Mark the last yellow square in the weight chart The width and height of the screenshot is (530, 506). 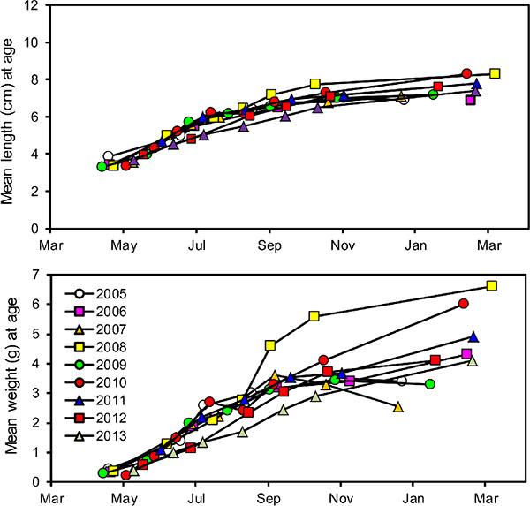pyautogui.click(x=492, y=285)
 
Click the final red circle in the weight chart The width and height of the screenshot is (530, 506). pyautogui.click(x=464, y=304)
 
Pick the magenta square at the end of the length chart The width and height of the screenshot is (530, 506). pyautogui.click(x=471, y=100)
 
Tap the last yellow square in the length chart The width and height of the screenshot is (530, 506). pyautogui.click(x=495, y=73)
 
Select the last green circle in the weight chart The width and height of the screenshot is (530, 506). pyautogui.click(x=430, y=384)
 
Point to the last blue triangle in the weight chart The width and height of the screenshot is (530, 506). pyautogui.click(x=473, y=336)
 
